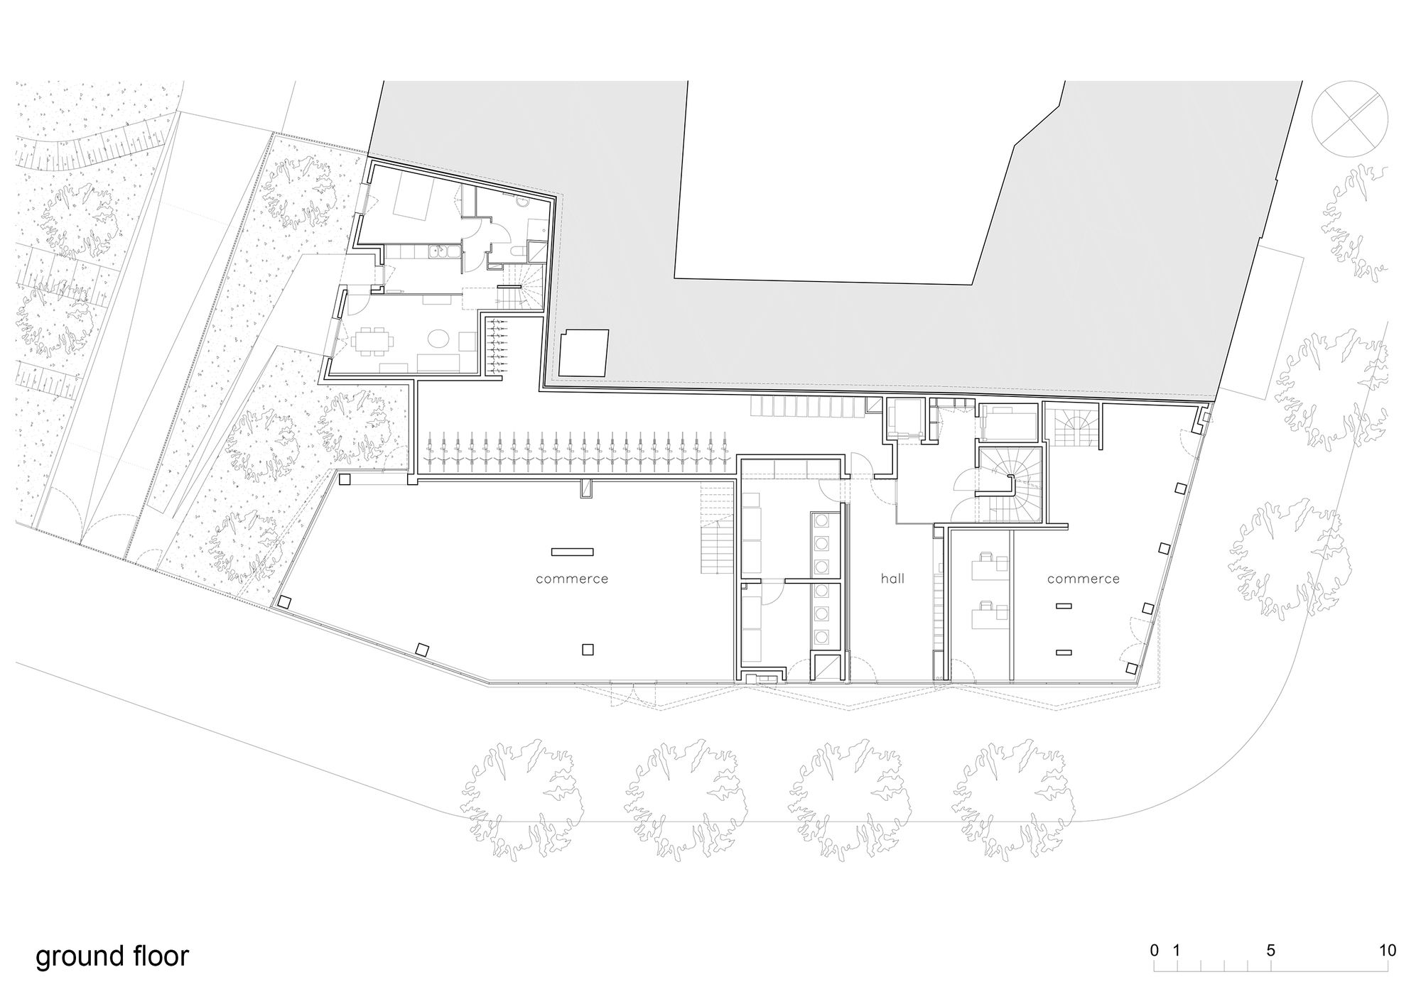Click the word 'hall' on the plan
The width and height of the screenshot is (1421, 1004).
pos(892,579)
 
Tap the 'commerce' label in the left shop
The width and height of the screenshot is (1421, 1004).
pos(572,579)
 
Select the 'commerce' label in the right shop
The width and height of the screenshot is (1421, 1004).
pos(1083,579)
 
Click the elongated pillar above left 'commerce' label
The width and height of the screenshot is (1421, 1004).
pos(572,552)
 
